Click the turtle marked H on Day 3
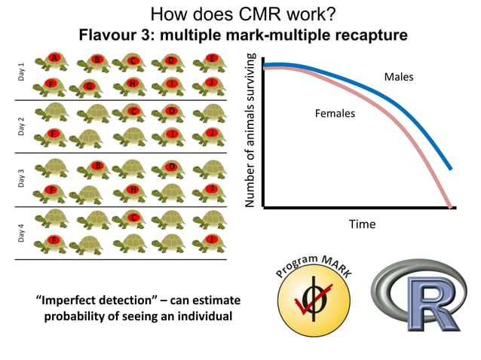pyautogui.click(x=133, y=190)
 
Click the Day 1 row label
pyautogui.click(x=21, y=72)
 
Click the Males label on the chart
pyautogui.click(x=398, y=77)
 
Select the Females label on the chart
pyautogui.click(x=334, y=114)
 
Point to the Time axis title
pyautogui.click(x=361, y=224)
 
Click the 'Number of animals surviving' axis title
pyautogui.click(x=252, y=130)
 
